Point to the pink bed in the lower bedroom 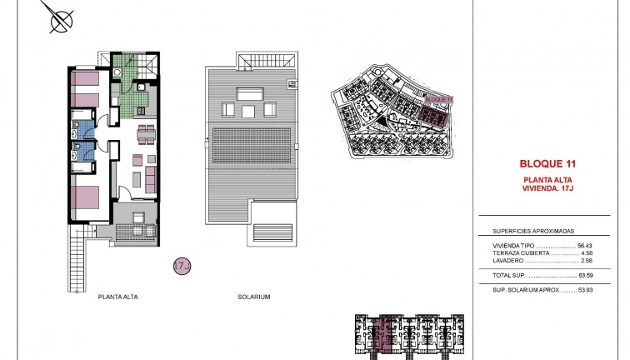point(87,197)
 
